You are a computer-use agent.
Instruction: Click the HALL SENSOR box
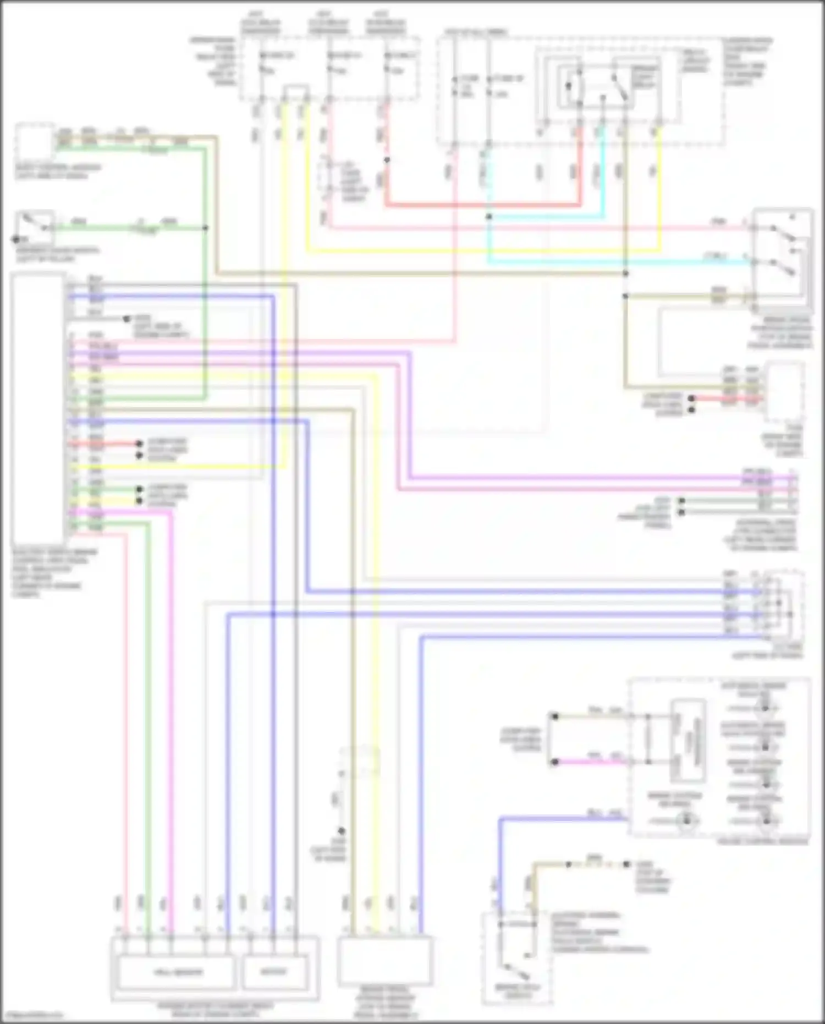pos(177,972)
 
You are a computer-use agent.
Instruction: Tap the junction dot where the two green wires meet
pos(205,227)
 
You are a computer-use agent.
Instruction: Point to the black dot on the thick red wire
pos(387,160)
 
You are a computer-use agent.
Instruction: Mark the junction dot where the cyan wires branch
pos(488,217)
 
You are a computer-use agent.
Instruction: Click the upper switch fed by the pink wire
pos(783,233)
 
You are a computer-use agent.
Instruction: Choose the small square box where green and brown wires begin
pos(34,141)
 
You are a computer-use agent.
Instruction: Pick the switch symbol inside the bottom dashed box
pos(515,973)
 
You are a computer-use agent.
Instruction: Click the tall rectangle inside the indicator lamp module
pos(687,741)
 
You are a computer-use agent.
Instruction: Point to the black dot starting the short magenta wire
pos(555,762)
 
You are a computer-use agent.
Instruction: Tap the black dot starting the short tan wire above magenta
pos(555,716)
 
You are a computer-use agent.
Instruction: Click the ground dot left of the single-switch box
pos(15,239)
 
